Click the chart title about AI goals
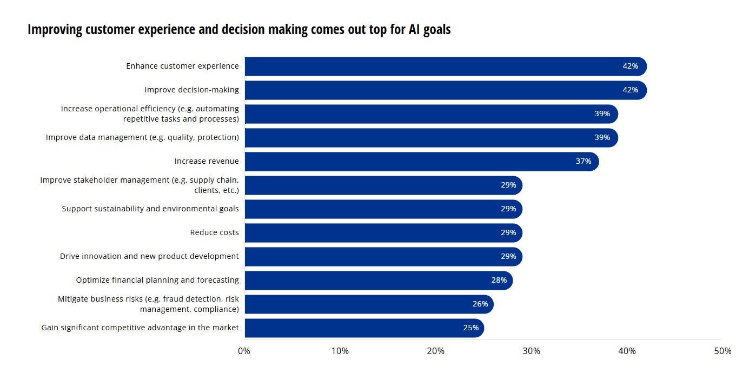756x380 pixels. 239,30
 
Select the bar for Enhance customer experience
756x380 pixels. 443,66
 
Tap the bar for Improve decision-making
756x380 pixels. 443,90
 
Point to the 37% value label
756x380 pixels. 583,162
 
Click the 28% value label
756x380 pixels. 499,281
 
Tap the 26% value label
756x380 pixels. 480,304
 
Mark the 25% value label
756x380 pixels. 470,328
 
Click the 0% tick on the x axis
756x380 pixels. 244,351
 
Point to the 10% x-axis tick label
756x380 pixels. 340,351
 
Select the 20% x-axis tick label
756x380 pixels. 435,351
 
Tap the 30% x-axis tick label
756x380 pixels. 531,351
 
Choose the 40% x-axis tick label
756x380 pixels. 627,351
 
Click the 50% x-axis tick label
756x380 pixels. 722,351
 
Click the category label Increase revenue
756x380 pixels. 206,162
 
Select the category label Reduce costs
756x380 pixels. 214,233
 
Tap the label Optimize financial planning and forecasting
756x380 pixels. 157,281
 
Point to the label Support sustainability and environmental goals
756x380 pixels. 150,209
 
